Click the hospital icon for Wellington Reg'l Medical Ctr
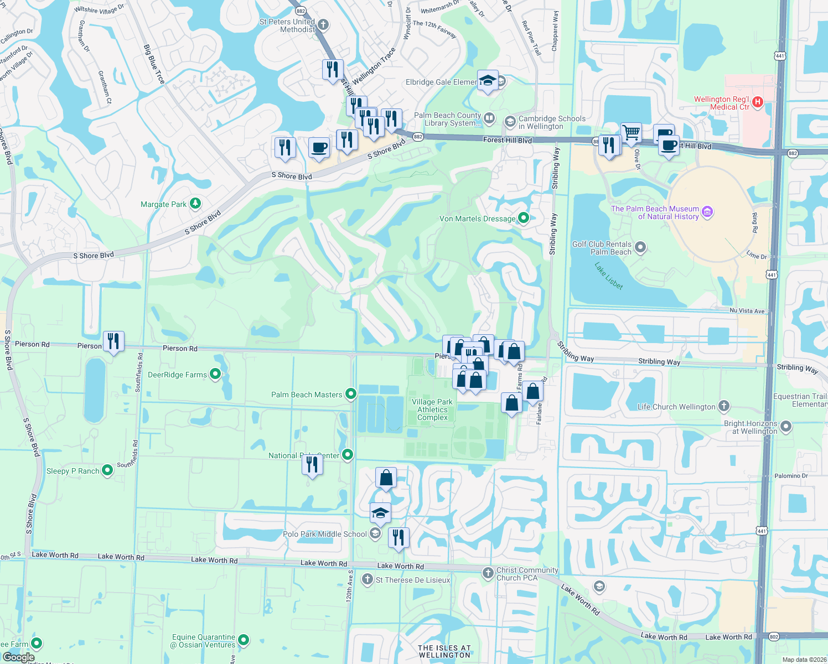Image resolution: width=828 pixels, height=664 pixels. click(x=758, y=102)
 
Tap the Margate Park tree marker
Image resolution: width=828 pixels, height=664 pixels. click(x=195, y=204)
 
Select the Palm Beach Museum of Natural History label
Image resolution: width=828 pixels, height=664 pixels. click(x=655, y=212)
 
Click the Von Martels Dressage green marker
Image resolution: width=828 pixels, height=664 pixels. click(x=523, y=218)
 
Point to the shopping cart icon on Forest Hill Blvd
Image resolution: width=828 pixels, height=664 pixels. click(x=631, y=133)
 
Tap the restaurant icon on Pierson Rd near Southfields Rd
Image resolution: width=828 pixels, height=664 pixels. click(x=113, y=341)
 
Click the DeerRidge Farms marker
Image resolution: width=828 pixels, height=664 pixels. click(x=215, y=375)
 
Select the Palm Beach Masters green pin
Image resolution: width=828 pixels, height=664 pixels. click(x=350, y=394)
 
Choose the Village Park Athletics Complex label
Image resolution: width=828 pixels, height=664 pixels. click(x=432, y=409)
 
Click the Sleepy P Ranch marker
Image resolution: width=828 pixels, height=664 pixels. click(x=107, y=470)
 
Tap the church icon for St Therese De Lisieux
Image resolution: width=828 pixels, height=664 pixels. click(x=368, y=579)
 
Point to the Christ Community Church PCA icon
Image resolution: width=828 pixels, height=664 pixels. click(x=488, y=573)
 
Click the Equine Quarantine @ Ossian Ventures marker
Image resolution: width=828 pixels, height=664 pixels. click(x=243, y=640)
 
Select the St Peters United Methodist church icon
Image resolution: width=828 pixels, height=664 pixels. click(x=323, y=24)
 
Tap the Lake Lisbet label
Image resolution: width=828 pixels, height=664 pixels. click(x=609, y=276)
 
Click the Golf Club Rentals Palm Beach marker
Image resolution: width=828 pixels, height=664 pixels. click(x=640, y=247)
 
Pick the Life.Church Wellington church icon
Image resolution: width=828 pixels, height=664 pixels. click(x=723, y=406)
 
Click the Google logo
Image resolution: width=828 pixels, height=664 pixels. click(x=18, y=657)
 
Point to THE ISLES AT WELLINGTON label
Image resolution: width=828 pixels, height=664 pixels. click(x=444, y=651)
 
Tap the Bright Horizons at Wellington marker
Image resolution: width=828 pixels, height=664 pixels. click(x=786, y=427)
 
